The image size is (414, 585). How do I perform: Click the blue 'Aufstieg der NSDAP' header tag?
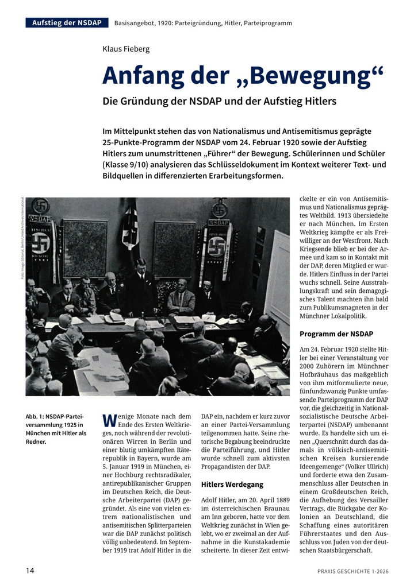tap(67, 23)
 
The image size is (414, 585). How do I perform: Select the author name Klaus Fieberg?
tap(126, 49)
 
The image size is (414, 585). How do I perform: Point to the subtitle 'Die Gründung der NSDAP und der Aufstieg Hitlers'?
tap(219, 102)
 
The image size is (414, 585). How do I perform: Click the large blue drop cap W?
tap(109, 421)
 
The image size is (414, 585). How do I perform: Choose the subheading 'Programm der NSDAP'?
tap(336, 334)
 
